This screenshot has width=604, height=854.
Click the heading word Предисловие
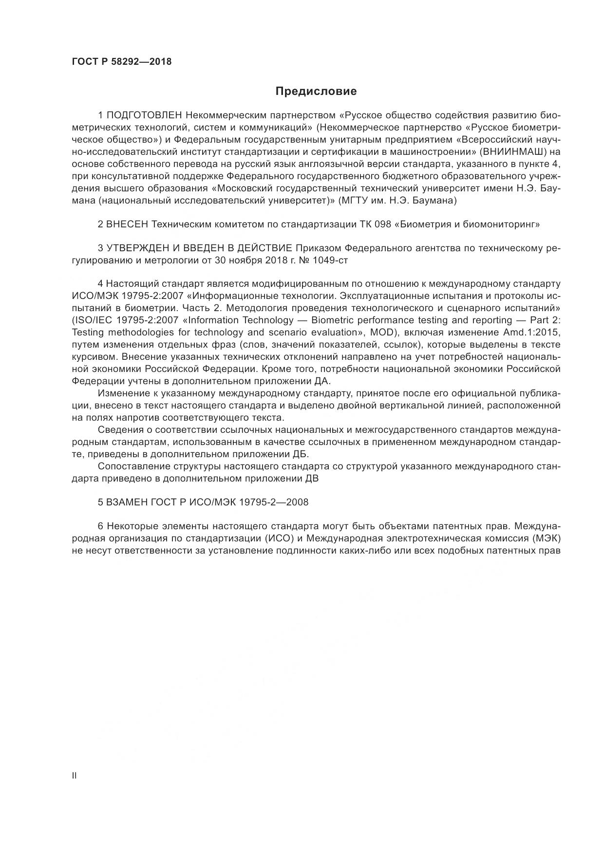[x=316, y=91]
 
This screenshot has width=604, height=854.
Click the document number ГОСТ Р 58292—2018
[x=122, y=62]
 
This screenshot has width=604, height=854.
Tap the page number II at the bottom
[x=74, y=776]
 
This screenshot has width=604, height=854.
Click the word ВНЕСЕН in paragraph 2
[x=128, y=224]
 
